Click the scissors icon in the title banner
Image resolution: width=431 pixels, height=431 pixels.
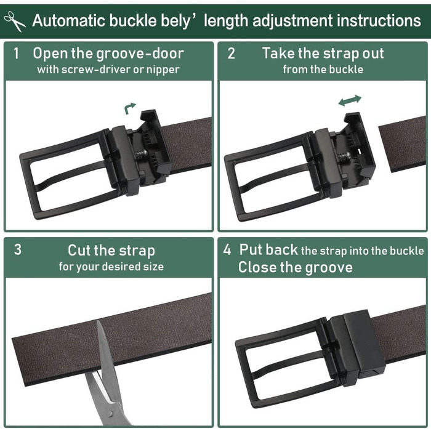click(15, 21)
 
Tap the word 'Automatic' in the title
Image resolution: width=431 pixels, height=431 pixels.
click(68, 20)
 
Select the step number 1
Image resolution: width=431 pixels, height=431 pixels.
click(17, 54)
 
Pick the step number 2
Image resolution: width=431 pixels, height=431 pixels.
click(231, 54)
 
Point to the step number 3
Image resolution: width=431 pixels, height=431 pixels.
click(18, 249)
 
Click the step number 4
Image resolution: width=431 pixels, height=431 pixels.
click(227, 249)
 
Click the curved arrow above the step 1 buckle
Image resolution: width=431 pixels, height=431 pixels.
click(130, 108)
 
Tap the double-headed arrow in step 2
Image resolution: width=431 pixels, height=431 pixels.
click(350, 100)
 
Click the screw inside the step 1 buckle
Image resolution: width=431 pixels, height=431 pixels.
click(141, 154)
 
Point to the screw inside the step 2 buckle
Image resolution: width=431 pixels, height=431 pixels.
click(344, 156)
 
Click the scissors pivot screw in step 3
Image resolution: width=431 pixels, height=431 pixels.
click(110, 413)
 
